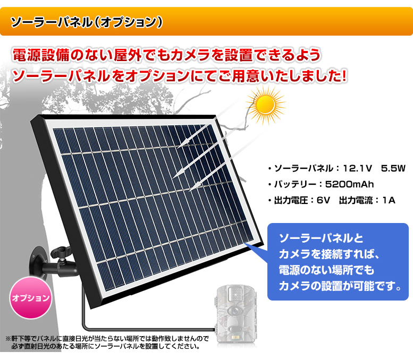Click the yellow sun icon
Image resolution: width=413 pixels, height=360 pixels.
(x=266, y=105)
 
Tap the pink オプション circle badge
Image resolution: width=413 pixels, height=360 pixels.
(x=31, y=298)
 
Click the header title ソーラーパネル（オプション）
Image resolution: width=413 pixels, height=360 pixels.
(x=87, y=22)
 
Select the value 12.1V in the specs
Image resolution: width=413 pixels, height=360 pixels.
(x=357, y=168)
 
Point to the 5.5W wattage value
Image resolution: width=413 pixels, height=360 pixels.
(x=393, y=168)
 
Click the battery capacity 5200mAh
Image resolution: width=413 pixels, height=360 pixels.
(x=350, y=184)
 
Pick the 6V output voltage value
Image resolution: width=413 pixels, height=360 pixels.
(x=323, y=200)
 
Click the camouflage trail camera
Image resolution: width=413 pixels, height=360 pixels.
(x=235, y=316)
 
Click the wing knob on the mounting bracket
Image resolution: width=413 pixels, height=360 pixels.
(x=61, y=252)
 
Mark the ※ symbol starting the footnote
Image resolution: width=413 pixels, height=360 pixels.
(x=8, y=338)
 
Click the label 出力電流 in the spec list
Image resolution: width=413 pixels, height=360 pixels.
(x=356, y=200)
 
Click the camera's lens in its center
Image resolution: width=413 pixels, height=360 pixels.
(x=234, y=311)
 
